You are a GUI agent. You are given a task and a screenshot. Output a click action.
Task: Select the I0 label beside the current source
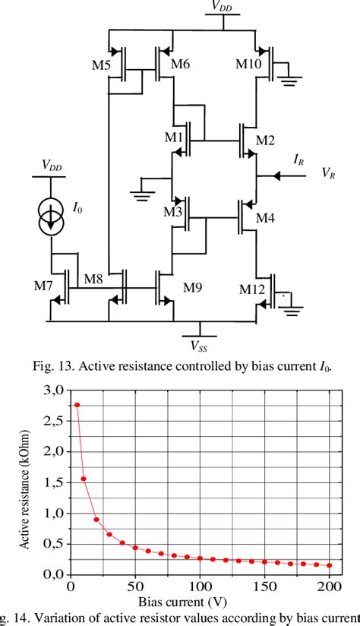[x=77, y=207]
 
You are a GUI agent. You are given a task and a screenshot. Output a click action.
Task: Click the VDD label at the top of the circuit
[x=223, y=7]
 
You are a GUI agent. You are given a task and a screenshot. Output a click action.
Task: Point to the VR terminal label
[x=330, y=174]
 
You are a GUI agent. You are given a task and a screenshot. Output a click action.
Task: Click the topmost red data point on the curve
[x=77, y=405]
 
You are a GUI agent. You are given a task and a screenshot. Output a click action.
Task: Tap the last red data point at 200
[x=330, y=565]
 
